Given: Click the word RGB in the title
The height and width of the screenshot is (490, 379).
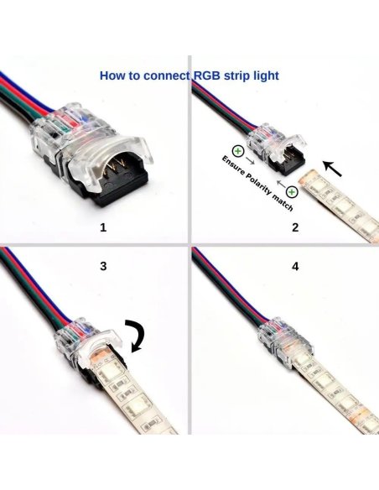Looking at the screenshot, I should coord(208,76).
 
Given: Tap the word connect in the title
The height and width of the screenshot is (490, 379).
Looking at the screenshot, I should coord(164,76).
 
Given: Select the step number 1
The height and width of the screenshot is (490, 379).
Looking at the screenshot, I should coord(103,227).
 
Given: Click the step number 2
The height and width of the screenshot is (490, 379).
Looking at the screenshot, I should coord(295,227).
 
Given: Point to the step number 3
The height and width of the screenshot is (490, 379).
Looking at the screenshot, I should coord(103,266).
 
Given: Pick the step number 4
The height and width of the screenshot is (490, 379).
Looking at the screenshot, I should coord(295,266).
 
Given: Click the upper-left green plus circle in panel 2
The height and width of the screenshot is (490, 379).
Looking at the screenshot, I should coord(238,152).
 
